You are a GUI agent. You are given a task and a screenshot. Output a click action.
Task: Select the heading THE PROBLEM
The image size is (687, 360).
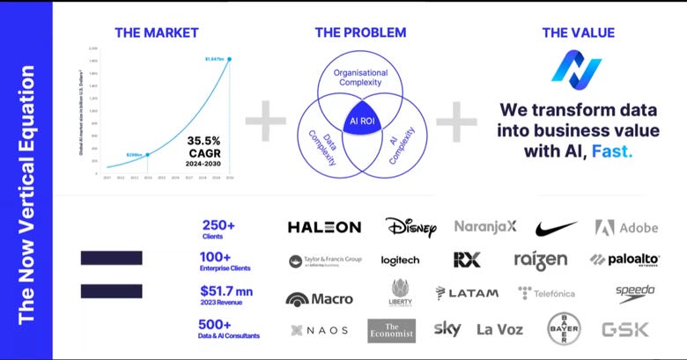pos(360,33)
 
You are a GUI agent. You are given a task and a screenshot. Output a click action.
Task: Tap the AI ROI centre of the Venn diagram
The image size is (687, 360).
pos(361,121)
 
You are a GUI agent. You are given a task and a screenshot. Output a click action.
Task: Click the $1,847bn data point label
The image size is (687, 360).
pos(215,59)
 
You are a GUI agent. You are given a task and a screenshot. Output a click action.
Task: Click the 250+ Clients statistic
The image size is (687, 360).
pos(218,229)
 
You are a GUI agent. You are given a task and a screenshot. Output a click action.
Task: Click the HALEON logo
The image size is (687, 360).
pos(324,227)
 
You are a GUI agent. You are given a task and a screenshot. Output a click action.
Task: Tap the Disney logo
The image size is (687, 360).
pos(410,227)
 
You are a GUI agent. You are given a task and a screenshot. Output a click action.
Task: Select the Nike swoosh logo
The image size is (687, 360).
pos(557,227)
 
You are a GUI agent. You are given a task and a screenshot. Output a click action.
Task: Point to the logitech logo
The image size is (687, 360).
pos(400,261)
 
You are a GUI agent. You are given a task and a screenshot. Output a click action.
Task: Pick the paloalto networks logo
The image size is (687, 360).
pos(624,260)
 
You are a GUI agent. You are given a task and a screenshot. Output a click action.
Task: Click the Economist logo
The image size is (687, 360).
pos(391,329)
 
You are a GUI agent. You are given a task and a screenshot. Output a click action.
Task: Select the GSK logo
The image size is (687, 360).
pos(624,329)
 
